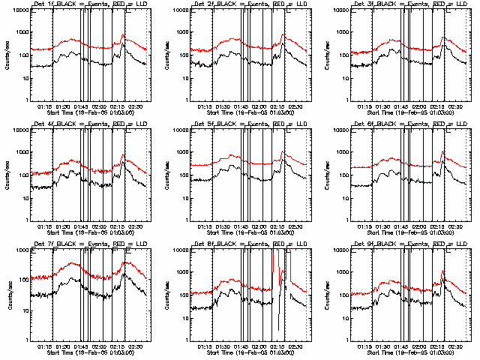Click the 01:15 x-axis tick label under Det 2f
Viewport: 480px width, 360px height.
click(x=205, y=106)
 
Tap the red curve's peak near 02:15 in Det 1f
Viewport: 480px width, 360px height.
click(x=123, y=34)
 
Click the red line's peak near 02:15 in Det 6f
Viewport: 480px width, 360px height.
click(x=443, y=151)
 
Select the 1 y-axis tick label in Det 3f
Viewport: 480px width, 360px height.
click(x=343, y=100)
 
